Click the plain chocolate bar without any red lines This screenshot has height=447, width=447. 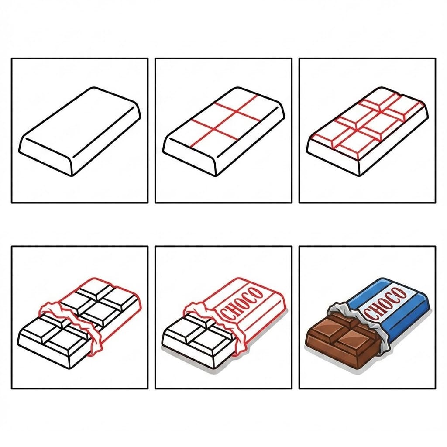point(80,131)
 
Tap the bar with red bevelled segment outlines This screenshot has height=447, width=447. point(367,131)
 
